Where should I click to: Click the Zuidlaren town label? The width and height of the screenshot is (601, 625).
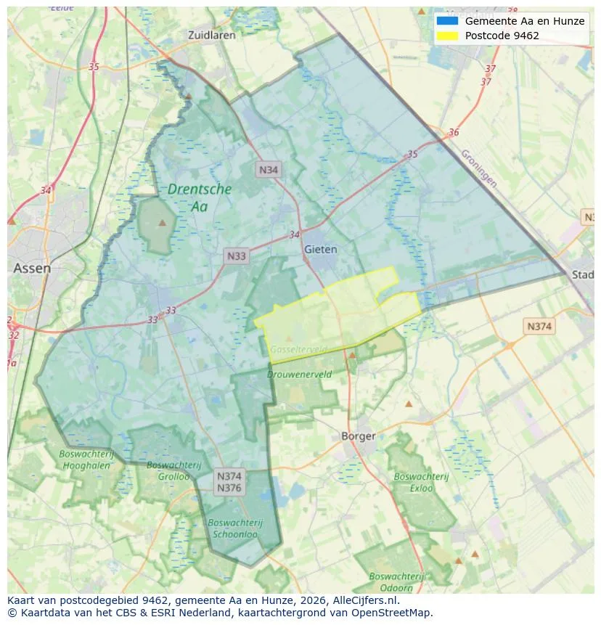point(211,35)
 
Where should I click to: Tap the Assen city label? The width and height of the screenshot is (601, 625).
point(32,269)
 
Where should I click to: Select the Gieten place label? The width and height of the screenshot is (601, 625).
point(321,249)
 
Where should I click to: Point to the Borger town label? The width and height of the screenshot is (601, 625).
point(359,436)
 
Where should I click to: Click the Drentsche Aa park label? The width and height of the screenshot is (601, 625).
point(200,197)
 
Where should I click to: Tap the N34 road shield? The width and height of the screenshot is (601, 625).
point(269,170)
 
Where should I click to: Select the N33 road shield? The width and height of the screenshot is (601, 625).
point(237,256)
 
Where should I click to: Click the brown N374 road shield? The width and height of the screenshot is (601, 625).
point(539,326)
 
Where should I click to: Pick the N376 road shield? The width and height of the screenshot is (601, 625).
point(229,489)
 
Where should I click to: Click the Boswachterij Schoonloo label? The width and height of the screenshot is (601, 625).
point(234,528)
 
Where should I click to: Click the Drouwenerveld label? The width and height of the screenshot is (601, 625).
point(299,375)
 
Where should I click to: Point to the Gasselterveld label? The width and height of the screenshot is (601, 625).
point(299,350)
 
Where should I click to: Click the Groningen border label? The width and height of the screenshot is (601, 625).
point(479,168)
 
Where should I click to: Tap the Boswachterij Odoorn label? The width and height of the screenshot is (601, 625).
point(396,582)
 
